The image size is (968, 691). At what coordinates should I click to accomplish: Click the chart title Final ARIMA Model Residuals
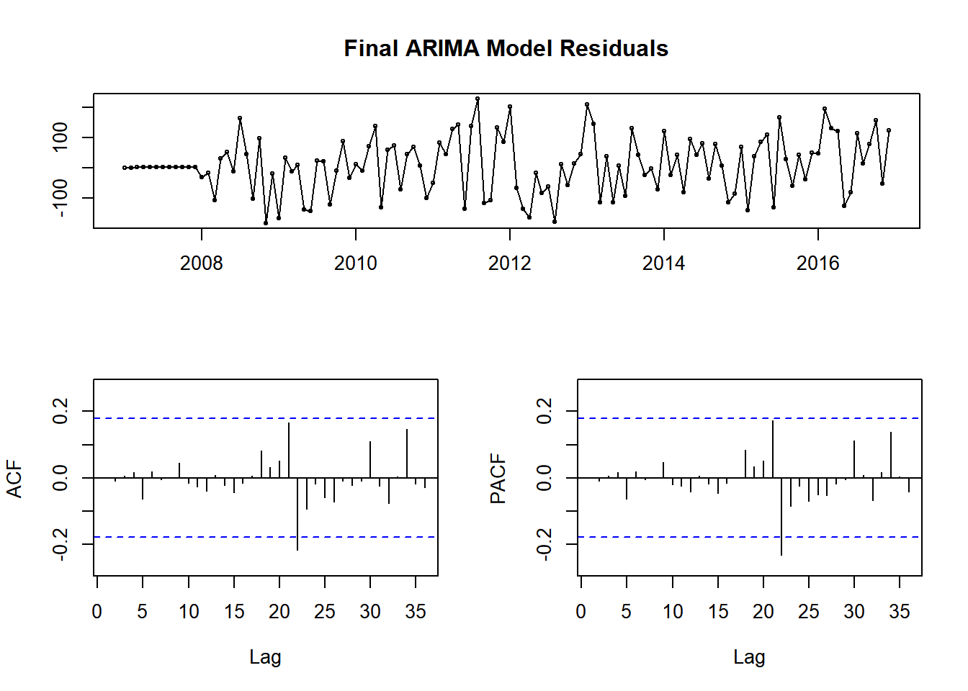tap(506, 48)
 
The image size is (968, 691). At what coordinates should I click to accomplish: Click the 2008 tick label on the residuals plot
tap(202, 263)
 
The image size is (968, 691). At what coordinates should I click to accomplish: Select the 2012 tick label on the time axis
tap(509, 263)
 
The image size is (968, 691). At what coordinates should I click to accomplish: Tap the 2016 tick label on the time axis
tap(817, 263)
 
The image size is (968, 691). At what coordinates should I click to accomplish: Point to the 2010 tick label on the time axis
tap(355, 263)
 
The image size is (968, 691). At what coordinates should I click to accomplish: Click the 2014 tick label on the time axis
tap(663, 263)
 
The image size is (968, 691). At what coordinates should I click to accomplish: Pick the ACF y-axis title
tap(14, 479)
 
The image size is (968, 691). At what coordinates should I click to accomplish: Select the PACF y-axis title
tap(498, 479)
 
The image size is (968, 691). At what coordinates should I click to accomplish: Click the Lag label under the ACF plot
tap(265, 656)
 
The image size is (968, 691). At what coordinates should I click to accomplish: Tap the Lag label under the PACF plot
tap(749, 656)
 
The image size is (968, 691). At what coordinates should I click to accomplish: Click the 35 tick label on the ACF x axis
tap(416, 612)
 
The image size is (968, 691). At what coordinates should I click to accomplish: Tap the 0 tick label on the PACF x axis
tap(581, 612)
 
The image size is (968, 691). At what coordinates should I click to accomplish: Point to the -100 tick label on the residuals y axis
tap(60, 198)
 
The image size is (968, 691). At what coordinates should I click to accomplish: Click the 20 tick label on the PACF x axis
tap(763, 612)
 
